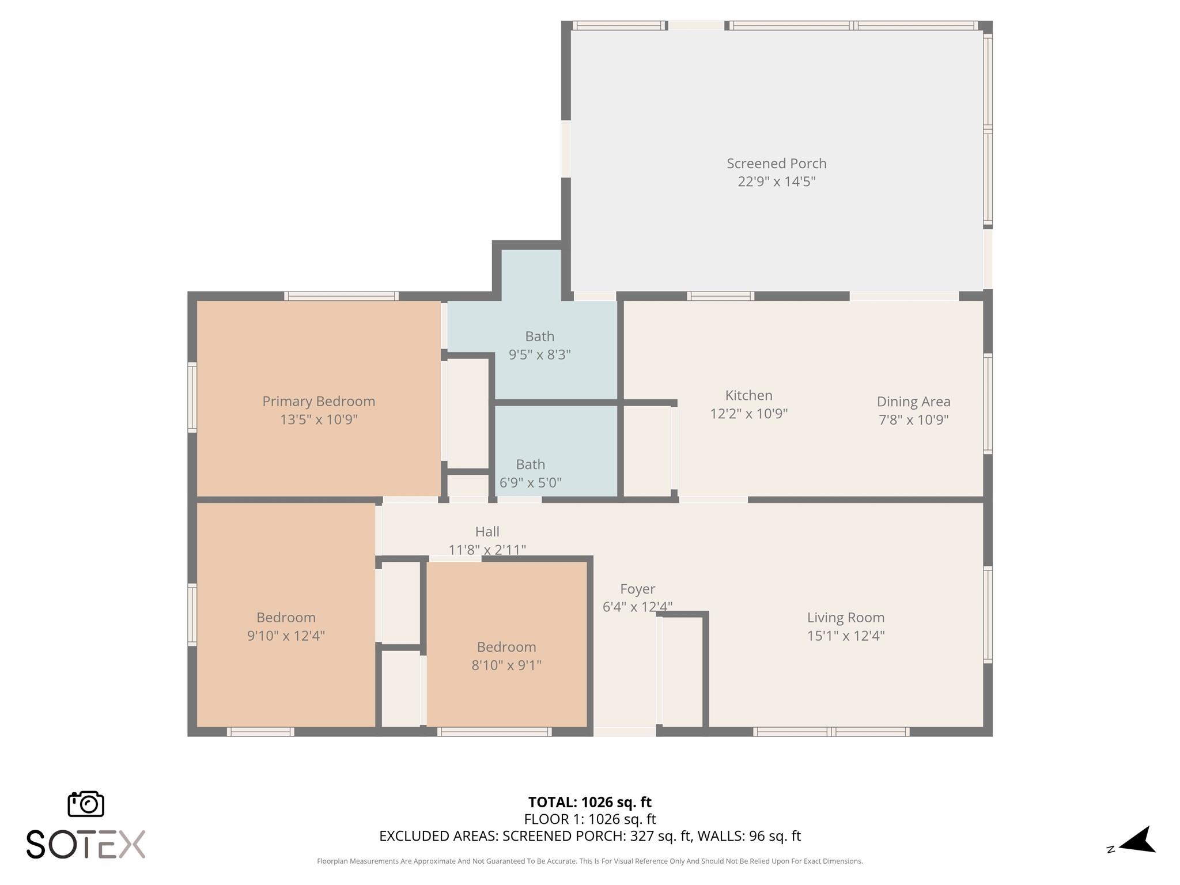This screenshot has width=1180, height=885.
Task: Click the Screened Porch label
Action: pos(776,164)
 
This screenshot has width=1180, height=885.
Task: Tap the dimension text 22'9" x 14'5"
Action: pos(776,181)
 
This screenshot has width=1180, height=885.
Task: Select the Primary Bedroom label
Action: pos(319,401)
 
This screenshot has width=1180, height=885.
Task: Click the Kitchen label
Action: pos(748,395)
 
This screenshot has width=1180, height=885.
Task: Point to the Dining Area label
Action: pos(913,402)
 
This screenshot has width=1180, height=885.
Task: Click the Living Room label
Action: pos(845,618)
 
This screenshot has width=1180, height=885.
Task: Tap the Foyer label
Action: pos(637,589)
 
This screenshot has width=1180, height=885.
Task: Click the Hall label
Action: pos(487,532)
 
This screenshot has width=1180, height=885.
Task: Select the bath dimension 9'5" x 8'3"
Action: pos(539,354)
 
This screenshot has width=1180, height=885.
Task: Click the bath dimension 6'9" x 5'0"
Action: pos(530,482)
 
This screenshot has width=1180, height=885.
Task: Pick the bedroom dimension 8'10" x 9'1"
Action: pos(506,665)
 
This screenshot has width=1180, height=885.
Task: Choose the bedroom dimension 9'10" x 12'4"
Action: pos(286,636)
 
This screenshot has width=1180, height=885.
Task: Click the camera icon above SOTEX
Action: pos(86,804)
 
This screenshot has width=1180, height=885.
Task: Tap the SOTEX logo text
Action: pos(86,845)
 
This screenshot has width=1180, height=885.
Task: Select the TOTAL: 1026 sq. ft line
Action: pos(589,802)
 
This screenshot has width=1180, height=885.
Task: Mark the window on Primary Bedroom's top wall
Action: pos(341,296)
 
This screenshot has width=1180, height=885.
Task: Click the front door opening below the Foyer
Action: pos(625,732)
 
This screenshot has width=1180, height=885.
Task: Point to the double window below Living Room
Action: pos(831,732)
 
